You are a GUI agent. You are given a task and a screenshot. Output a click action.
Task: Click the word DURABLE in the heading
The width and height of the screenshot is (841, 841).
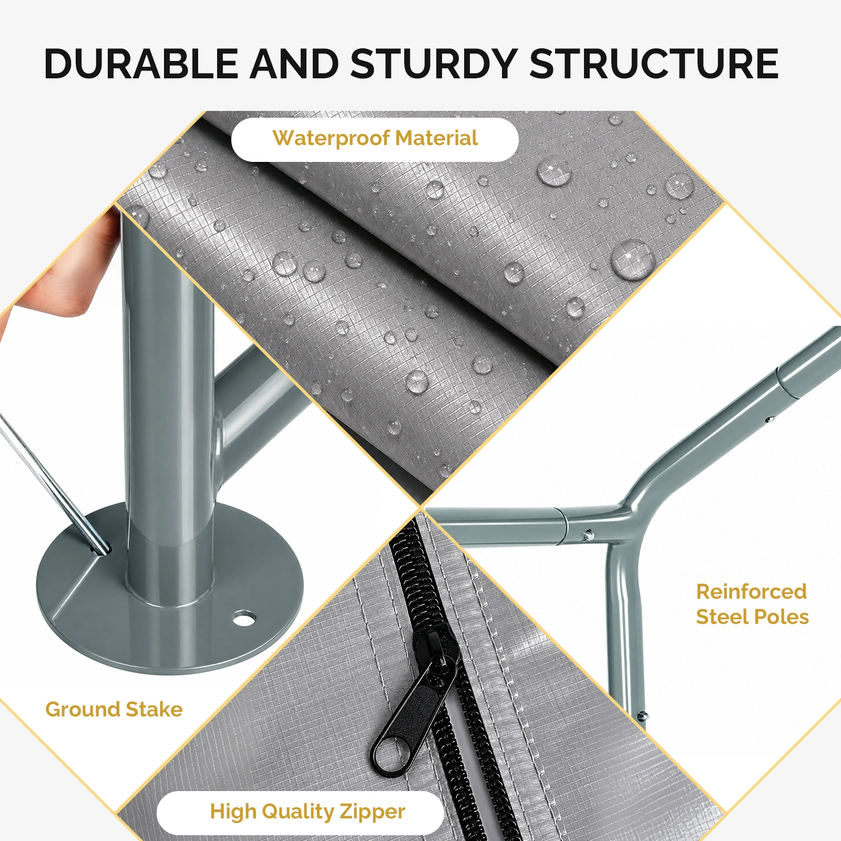[x=141, y=64]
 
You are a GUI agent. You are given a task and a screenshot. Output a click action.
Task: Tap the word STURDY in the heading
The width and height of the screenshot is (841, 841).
[x=434, y=64]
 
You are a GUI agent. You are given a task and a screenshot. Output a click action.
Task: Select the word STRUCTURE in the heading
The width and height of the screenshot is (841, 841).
[x=654, y=64]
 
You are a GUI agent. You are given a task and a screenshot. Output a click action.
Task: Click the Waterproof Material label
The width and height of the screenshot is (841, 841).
[x=375, y=138]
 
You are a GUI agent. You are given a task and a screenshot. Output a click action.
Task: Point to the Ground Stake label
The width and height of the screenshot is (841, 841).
[x=114, y=709]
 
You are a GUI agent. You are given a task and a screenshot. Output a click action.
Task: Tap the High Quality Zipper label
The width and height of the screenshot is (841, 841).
[x=307, y=812]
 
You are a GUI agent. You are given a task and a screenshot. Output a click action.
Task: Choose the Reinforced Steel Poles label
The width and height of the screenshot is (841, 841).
[x=752, y=604]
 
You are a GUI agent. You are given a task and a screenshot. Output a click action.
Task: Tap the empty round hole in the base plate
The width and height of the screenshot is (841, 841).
[x=243, y=618]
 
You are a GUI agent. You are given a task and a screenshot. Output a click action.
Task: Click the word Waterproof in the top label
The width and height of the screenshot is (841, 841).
[x=331, y=138]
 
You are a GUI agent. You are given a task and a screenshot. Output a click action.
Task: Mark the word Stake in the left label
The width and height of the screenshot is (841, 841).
[x=155, y=709]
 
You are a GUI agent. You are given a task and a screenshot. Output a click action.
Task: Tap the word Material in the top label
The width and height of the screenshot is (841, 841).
[x=437, y=138]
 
